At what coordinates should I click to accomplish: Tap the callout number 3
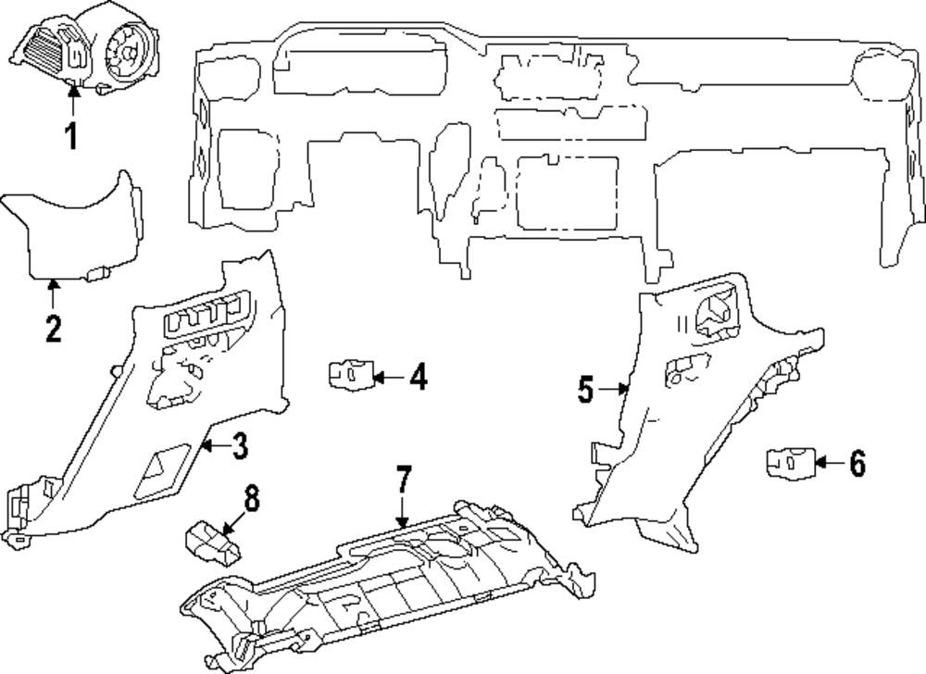239,447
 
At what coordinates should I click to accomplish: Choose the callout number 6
857,464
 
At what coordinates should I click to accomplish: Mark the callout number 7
403,480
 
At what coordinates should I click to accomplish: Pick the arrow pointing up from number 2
53,294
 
